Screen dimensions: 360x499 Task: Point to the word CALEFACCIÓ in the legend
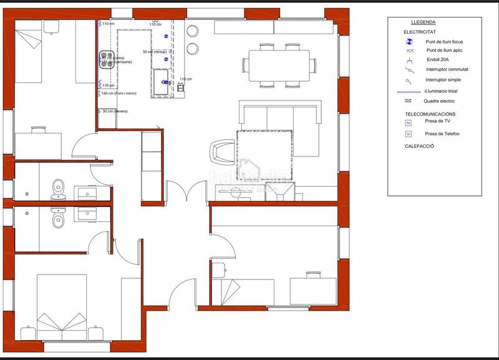click(x=419, y=146)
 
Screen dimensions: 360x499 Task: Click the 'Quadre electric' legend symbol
click(x=409, y=100)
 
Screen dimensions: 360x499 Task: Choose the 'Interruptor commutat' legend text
click(x=447, y=69)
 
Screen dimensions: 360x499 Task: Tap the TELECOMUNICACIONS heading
click(x=430, y=114)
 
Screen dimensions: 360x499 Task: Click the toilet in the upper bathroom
click(x=58, y=185)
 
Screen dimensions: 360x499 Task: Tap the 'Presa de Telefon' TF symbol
click(x=409, y=134)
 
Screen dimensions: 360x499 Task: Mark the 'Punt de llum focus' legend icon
click(x=409, y=42)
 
